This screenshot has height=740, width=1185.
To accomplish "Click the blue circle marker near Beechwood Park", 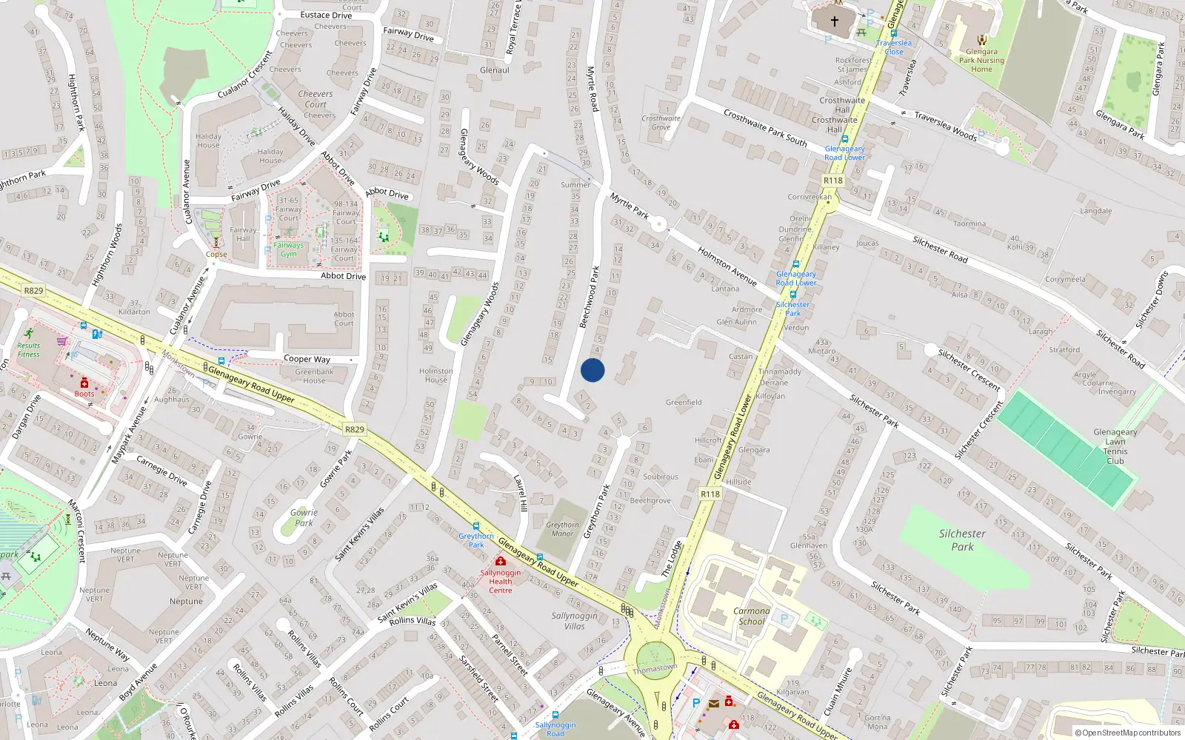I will [592, 370].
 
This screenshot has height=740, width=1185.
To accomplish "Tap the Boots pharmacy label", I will [84, 393].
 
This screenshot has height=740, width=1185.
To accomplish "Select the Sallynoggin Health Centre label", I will [501, 582].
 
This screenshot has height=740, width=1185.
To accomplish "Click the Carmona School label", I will [751, 616].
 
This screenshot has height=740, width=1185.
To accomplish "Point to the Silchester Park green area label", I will [962, 539].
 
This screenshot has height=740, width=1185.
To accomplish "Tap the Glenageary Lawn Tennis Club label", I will [1115, 446].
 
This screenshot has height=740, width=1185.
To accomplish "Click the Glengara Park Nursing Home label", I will [981, 61].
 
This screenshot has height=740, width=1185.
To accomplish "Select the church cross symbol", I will [834, 21].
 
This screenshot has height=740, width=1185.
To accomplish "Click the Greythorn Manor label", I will [563, 529].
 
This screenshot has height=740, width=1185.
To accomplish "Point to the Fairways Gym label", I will [288, 249].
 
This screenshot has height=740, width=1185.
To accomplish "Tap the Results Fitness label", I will [29, 349].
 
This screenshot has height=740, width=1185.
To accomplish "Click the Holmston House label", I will [435, 375].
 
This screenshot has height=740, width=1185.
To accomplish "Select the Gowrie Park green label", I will [304, 517].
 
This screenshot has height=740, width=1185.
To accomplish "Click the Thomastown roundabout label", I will [655, 669].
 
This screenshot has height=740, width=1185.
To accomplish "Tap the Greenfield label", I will [684, 403].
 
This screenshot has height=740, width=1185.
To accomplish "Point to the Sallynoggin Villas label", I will [574, 621].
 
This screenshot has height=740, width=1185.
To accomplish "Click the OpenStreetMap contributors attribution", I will [1127, 733].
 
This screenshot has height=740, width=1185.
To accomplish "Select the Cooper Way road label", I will [307, 359].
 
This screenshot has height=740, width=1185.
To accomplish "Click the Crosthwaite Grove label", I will [661, 122].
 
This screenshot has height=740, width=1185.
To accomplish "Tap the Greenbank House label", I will [314, 376].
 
